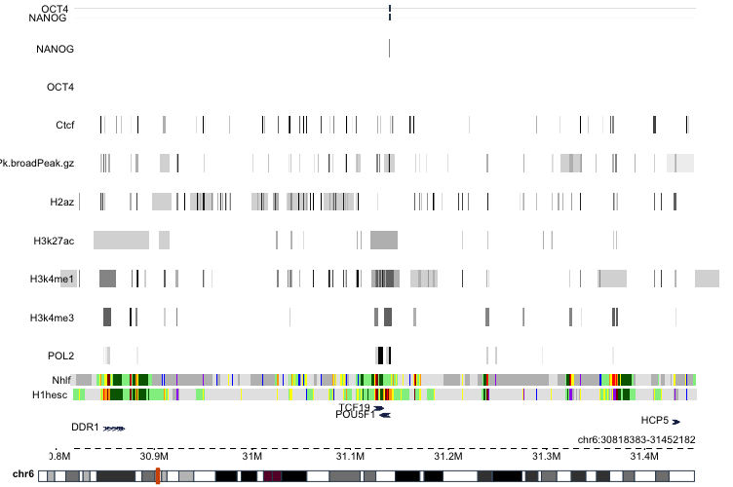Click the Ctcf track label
click(x=64, y=125)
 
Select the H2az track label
click(x=61, y=203)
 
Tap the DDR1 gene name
click(x=86, y=428)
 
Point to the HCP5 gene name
click(x=654, y=420)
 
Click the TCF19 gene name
click(x=354, y=407)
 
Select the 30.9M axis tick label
click(x=154, y=456)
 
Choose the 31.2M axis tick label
click(x=448, y=456)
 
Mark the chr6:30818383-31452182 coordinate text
click(x=637, y=439)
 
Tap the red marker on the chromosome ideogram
click(x=157, y=475)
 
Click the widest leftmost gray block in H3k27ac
click(x=120, y=240)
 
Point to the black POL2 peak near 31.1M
click(x=384, y=356)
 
